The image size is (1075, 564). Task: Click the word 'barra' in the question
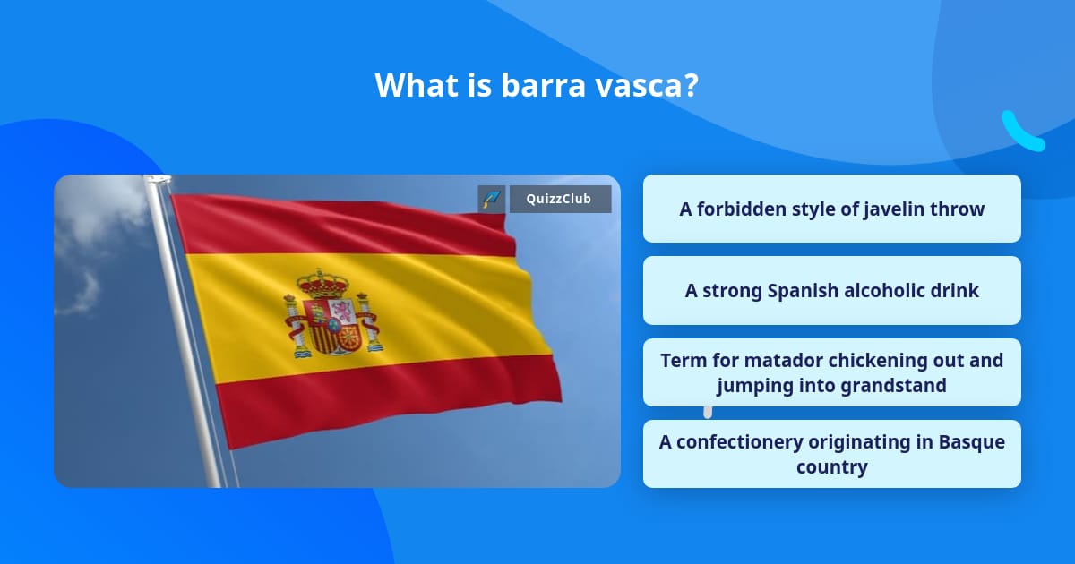coord(543,85)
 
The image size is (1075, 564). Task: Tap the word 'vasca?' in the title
coord(647,85)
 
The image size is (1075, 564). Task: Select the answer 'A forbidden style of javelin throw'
coord(831,209)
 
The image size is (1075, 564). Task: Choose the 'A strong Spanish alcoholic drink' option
coord(831,290)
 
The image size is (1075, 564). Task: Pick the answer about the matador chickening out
coord(831,372)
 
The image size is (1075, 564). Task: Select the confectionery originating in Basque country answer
coord(831,454)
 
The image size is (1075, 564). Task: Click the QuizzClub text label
coord(559,199)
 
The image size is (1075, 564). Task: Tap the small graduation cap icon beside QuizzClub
coord(491,199)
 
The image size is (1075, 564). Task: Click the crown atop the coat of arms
coord(322,284)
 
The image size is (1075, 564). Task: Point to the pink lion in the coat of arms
coord(343,312)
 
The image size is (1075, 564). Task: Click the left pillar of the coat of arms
coord(294,326)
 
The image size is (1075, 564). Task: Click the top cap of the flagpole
coord(158,180)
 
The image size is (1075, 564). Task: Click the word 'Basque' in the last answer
coord(971,442)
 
